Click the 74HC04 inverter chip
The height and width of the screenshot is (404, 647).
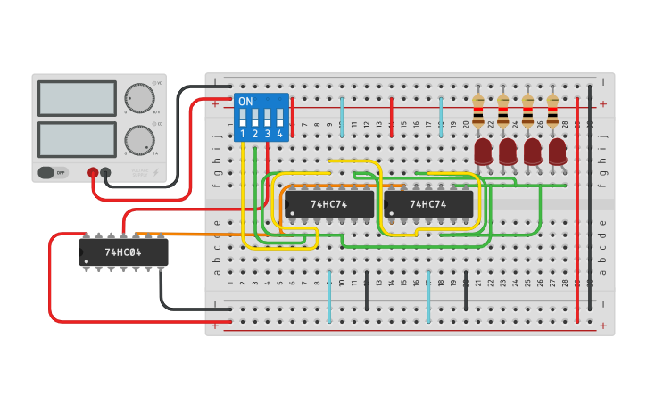pos(123,252)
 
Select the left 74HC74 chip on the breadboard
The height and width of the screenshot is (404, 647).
pos(328,204)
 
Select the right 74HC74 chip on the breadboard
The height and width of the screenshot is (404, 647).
pos(427,204)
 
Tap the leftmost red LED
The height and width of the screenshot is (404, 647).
pos(484,151)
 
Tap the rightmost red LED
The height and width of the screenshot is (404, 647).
pos(558,151)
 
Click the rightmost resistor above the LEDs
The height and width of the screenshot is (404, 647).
pos(552,111)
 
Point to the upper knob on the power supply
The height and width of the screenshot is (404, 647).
pos(138,96)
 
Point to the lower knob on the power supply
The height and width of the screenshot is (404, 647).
pos(138,139)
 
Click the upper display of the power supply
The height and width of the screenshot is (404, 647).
pos(77,98)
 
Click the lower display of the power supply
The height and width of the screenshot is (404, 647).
pos(77,139)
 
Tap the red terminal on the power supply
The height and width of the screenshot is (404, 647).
pos(92,172)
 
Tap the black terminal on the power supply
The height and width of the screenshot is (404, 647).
pos(105,172)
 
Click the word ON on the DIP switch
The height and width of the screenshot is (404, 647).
pos(245,102)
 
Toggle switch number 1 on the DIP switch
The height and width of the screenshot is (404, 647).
pos(243,118)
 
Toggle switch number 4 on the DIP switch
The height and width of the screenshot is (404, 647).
pos(279,118)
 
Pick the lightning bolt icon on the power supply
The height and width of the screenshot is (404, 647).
pos(158,172)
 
